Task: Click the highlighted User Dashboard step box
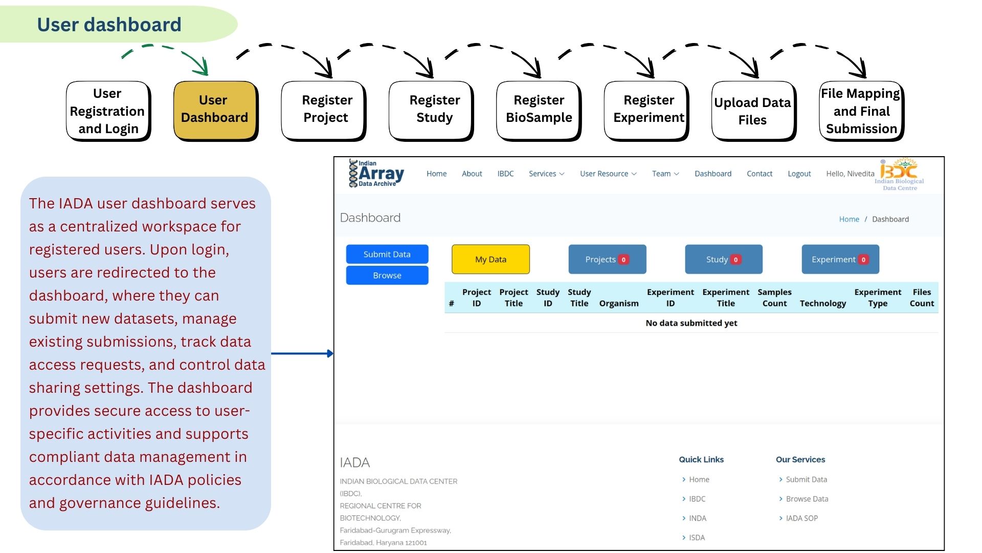click(x=215, y=110)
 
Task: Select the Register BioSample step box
click(x=539, y=110)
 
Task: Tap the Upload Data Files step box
click(x=753, y=111)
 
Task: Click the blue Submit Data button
click(x=387, y=254)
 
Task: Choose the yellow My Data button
click(x=490, y=260)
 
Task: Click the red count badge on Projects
click(x=623, y=260)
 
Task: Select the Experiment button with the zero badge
click(x=840, y=260)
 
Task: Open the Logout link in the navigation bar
click(x=799, y=174)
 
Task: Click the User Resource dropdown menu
click(x=608, y=174)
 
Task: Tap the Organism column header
click(x=618, y=304)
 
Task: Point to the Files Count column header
click(x=922, y=298)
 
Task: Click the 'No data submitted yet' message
click(x=691, y=323)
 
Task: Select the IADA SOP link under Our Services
click(x=801, y=519)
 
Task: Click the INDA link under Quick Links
click(x=697, y=519)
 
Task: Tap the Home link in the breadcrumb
click(x=849, y=219)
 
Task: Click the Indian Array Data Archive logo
click(x=376, y=174)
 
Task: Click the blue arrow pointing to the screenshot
click(x=302, y=353)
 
